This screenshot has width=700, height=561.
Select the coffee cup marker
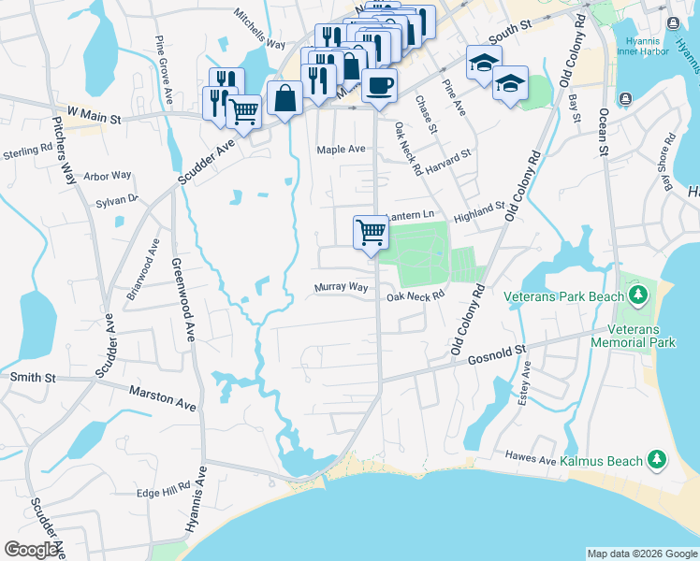coord(379,86)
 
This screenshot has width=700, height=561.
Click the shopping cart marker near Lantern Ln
coord(371,231)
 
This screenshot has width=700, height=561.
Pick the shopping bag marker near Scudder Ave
coord(284,96)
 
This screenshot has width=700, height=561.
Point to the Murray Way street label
coord(341,287)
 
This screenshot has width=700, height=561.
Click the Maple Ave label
coord(341,149)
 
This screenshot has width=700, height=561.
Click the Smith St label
coord(34,377)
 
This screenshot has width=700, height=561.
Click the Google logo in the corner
coord(32,549)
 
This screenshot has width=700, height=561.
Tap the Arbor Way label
coord(108,175)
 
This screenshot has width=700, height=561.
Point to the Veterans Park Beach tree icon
coord(638,295)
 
